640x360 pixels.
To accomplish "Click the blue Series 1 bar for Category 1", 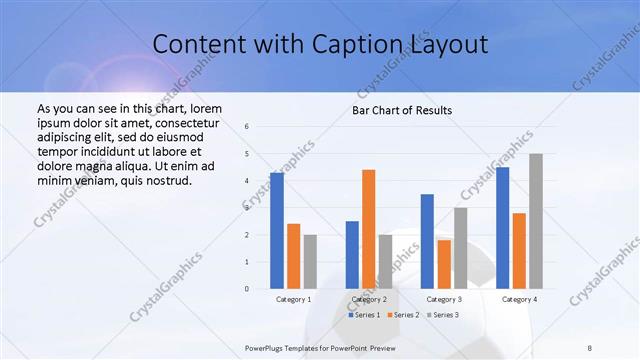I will coord(277,231).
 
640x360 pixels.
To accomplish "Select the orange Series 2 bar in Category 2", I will coord(368,229).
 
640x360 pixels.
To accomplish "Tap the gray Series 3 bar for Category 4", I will coord(536,221).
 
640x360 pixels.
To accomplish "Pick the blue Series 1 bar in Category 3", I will coord(427,241).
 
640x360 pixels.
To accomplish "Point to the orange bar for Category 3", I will coord(444,264).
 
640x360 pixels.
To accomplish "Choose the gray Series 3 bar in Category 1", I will coord(310,262).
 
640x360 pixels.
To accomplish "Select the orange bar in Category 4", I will coord(519,251).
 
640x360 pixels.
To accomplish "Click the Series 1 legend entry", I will coord(362,315).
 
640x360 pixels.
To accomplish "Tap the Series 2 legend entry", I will coord(402,315).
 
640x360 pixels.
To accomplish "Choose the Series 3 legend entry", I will coord(442,315).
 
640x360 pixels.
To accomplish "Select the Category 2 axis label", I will coord(369,299).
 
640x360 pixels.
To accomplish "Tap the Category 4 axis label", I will coord(519,299).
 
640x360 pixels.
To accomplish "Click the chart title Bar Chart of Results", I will coord(402,110).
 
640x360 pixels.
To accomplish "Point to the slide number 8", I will coord(590,347).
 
